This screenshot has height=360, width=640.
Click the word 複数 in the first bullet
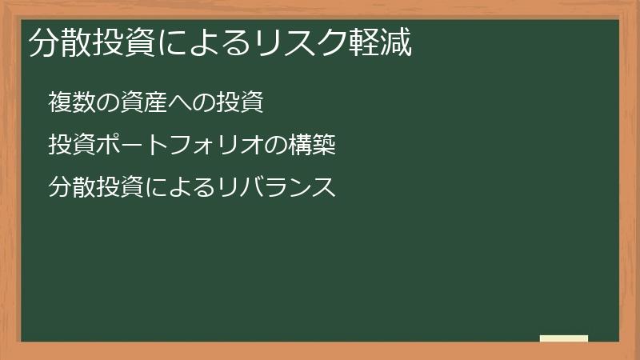point(73,102)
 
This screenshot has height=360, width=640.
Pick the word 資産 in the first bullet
point(144,102)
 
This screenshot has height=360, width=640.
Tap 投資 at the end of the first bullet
point(239,102)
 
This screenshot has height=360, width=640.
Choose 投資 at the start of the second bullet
point(73,146)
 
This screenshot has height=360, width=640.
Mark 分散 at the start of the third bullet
point(73,188)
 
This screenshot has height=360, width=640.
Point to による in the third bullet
point(181,188)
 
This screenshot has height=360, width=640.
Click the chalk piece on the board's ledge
point(564,338)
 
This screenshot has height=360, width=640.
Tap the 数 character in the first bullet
point(85,102)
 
